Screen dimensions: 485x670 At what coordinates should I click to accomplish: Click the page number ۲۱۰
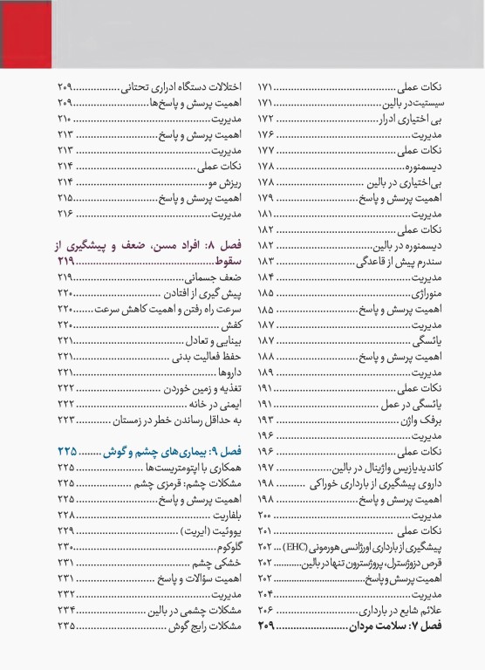click(x=64, y=118)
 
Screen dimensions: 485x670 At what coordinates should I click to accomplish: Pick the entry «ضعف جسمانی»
click(x=214, y=277)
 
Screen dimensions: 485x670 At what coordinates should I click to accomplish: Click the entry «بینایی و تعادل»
click(x=210, y=340)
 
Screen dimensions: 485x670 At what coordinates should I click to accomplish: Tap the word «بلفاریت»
click(x=224, y=516)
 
